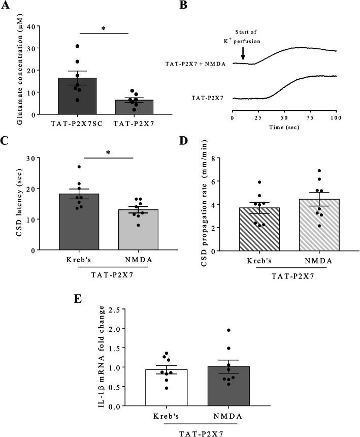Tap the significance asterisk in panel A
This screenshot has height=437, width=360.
click(x=104, y=29)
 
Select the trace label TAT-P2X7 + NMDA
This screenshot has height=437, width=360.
click(x=197, y=64)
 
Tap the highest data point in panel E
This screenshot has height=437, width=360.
click(x=228, y=330)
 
